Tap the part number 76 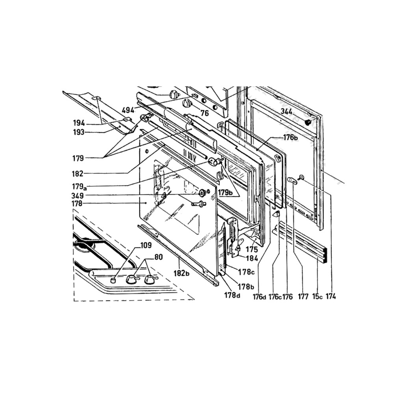coord(204,113)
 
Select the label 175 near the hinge coord(252,249)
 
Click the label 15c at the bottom coord(317,297)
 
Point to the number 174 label coord(331,297)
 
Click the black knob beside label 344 coord(308,123)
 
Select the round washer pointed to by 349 coord(203,193)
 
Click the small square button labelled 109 coord(114,280)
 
